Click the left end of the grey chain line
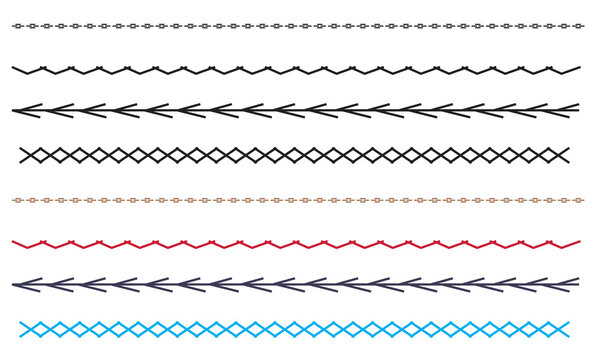click(13, 26)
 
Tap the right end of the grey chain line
click(584, 26)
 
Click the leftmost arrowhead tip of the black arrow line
click(14, 110)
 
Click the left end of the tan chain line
click(13, 200)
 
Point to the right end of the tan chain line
click(584, 200)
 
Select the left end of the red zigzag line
click(13, 242)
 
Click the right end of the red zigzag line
click(579, 242)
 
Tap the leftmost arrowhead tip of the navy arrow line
click(14, 285)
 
